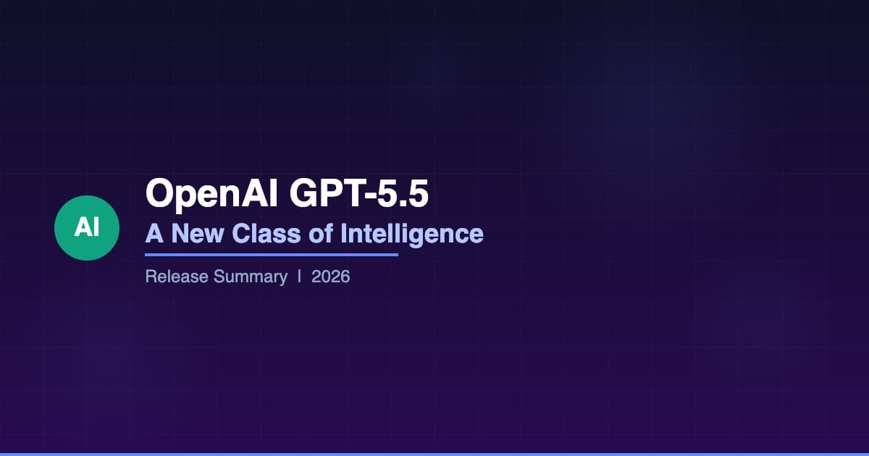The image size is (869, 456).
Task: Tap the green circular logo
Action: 87,228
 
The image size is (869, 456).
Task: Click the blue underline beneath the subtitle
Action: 272,254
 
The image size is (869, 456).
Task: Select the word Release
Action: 177,276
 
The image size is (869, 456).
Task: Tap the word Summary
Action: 251,276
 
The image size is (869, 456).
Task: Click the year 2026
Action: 331,276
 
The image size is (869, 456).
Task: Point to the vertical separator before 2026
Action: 300,276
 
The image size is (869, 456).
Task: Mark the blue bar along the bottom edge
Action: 434,454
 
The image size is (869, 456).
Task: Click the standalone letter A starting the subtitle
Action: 154,234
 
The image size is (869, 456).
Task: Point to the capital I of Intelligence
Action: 344,234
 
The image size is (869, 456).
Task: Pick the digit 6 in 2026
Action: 345,276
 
